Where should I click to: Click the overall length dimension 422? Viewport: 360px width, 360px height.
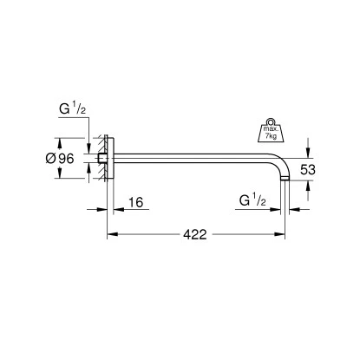pos(195,235)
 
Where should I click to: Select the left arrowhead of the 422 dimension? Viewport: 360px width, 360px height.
pos(111,235)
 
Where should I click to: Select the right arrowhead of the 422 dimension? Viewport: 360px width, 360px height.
pos(285,235)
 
